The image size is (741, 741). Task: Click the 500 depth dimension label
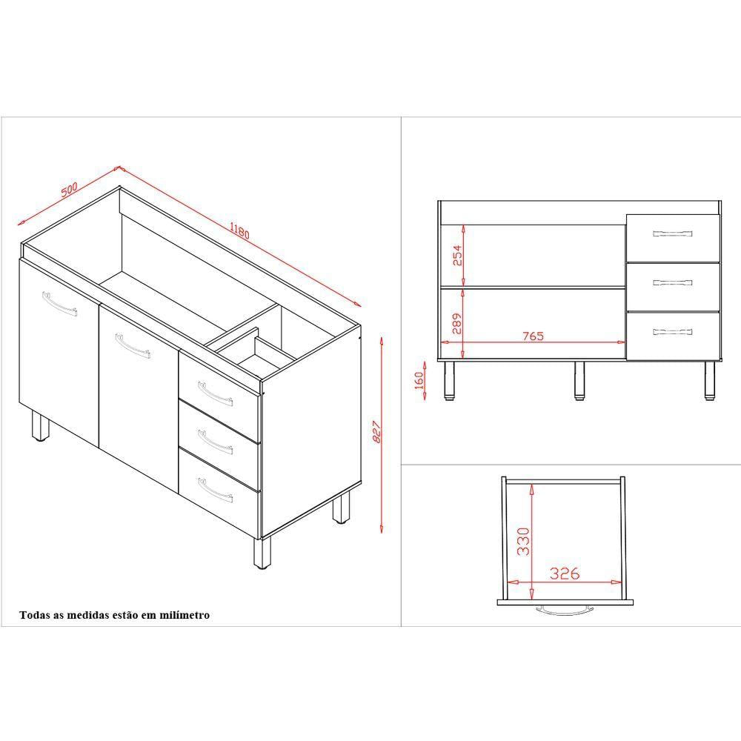coord(69,189)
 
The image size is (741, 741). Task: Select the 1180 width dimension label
coord(239,230)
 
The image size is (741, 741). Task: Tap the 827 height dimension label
coord(377,432)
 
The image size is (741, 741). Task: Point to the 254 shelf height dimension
coord(457,255)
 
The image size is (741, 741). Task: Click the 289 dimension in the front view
coord(457,324)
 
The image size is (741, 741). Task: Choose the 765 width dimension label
coord(533,336)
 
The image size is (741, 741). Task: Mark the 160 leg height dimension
coord(419,380)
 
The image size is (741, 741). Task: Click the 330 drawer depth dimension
coord(523,542)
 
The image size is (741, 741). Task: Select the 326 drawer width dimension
coord(565,574)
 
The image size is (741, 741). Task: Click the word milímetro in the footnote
coord(185,615)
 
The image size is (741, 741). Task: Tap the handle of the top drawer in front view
coord(673,233)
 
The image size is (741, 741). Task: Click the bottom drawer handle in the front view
coord(673,332)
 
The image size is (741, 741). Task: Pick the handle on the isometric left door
coord(59,304)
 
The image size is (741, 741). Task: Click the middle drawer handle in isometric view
coord(215,442)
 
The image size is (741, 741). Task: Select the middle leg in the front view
coord(579,381)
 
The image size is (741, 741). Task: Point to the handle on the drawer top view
coord(565,610)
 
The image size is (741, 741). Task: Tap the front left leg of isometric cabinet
coord(40,425)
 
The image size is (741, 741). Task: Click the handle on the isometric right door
coord(133,346)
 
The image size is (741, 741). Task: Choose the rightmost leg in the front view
coord(709,381)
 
